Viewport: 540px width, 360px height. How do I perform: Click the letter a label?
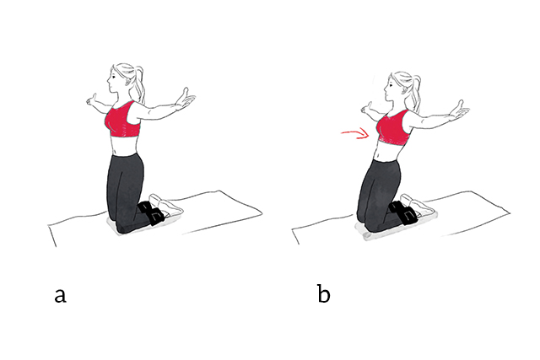click(x=59, y=295)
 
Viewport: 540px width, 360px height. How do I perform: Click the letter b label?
click(x=324, y=294)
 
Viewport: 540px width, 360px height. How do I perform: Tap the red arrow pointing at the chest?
click(x=355, y=132)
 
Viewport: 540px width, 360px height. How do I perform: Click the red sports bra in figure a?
click(x=123, y=120)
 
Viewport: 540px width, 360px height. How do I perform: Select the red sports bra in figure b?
click(x=392, y=126)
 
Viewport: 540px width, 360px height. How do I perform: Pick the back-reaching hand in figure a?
click(x=186, y=102)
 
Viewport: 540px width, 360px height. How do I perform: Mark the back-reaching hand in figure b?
click(x=460, y=109)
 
